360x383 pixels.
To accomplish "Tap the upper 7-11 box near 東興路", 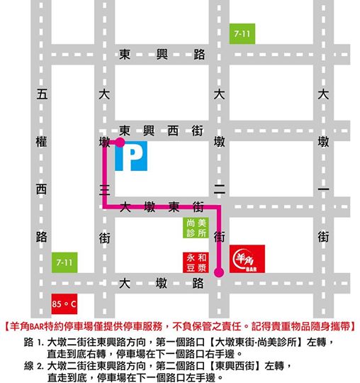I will [242, 33].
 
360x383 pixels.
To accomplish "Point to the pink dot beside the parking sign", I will [120, 142].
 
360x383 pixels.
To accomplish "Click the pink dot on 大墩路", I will [218, 272].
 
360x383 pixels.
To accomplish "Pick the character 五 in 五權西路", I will [41, 94].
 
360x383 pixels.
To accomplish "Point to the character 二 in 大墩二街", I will [219, 189].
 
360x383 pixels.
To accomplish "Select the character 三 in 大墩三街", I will [105, 189].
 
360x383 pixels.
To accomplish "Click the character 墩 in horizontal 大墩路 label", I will [161, 284].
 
